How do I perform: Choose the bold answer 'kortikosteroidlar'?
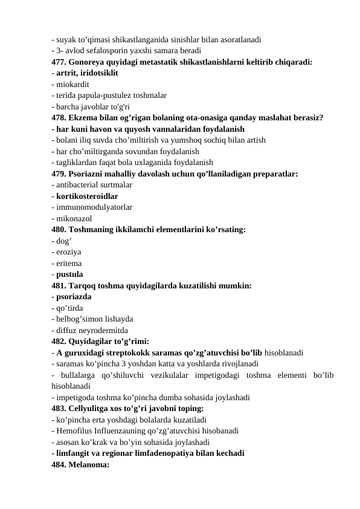click(x=88, y=196)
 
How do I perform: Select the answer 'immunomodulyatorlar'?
click(x=94, y=207)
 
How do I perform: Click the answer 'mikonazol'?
click(x=74, y=219)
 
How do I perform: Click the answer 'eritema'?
click(x=69, y=264)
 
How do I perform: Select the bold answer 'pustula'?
click(x=70, y=274)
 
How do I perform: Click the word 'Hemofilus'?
click(x=76, y=432)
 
